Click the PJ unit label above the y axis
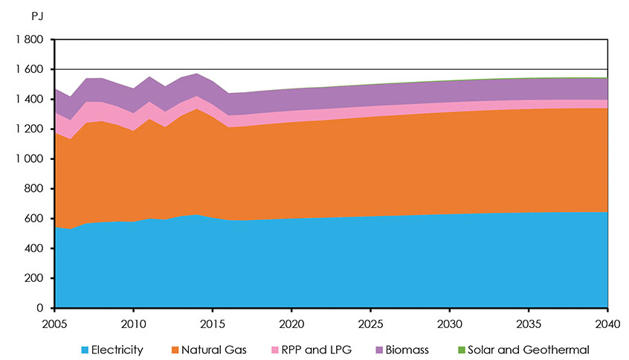point(33,14)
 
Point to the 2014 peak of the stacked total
point(197,74)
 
